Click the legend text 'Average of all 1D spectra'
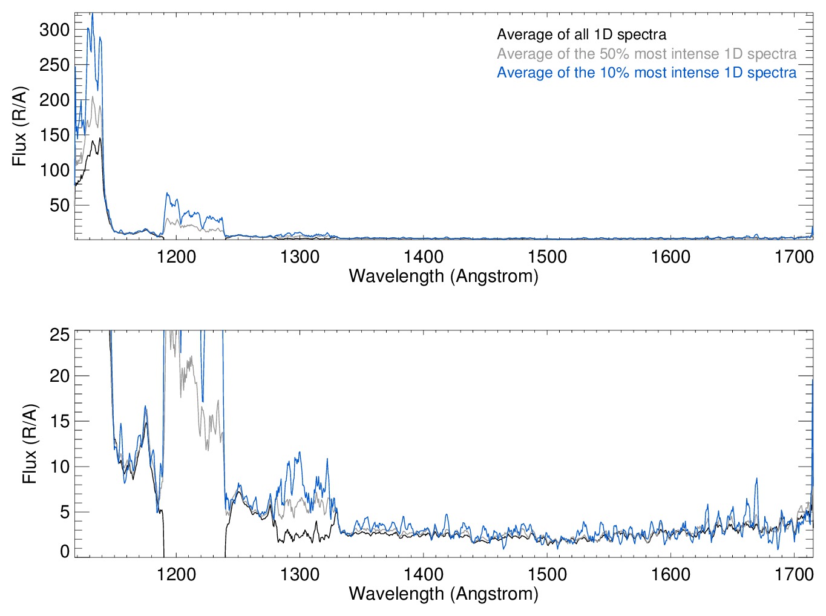[581, 35]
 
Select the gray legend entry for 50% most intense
[646, 54]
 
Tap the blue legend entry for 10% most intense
[646, 73]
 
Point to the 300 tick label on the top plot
[54, 30]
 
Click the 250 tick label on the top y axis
[54, 65]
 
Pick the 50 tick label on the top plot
[59, 205]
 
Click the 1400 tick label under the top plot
[424, 257]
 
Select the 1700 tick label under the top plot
[794, 257]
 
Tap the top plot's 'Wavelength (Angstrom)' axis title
[444, 276]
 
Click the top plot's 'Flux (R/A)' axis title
[20, 126]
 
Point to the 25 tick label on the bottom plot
[59, 335]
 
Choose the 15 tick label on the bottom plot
[59, 422]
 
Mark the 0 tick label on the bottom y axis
[65, 551]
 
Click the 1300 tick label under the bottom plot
[300, 574]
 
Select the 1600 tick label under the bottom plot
[670, 574]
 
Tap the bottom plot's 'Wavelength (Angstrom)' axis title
[444, 593]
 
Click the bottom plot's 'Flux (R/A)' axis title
[30, 444]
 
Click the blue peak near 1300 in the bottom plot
[298, 453]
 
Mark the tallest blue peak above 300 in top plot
[93, 15]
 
